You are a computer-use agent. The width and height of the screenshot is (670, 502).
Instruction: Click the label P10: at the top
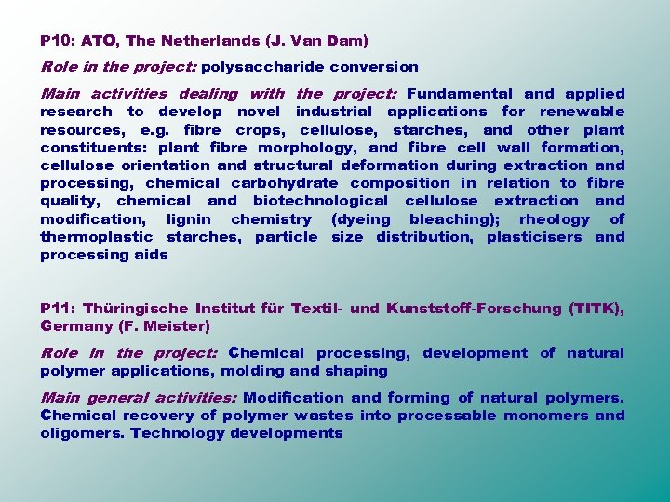click(58, 41)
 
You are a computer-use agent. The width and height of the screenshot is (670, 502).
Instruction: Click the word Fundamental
click(459, 94)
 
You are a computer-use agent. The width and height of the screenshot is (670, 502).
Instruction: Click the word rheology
click(555, 219)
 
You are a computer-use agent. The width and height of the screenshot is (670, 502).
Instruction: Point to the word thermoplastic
click(98, 237)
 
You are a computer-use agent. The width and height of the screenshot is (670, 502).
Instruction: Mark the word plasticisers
click(534, 237)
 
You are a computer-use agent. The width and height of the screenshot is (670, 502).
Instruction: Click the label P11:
click(58, 309)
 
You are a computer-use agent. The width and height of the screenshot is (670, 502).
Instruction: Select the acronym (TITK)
click(596, 309)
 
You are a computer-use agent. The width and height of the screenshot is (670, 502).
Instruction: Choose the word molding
click(253, 371)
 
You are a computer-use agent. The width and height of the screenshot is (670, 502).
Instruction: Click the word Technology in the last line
click(174, 433)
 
